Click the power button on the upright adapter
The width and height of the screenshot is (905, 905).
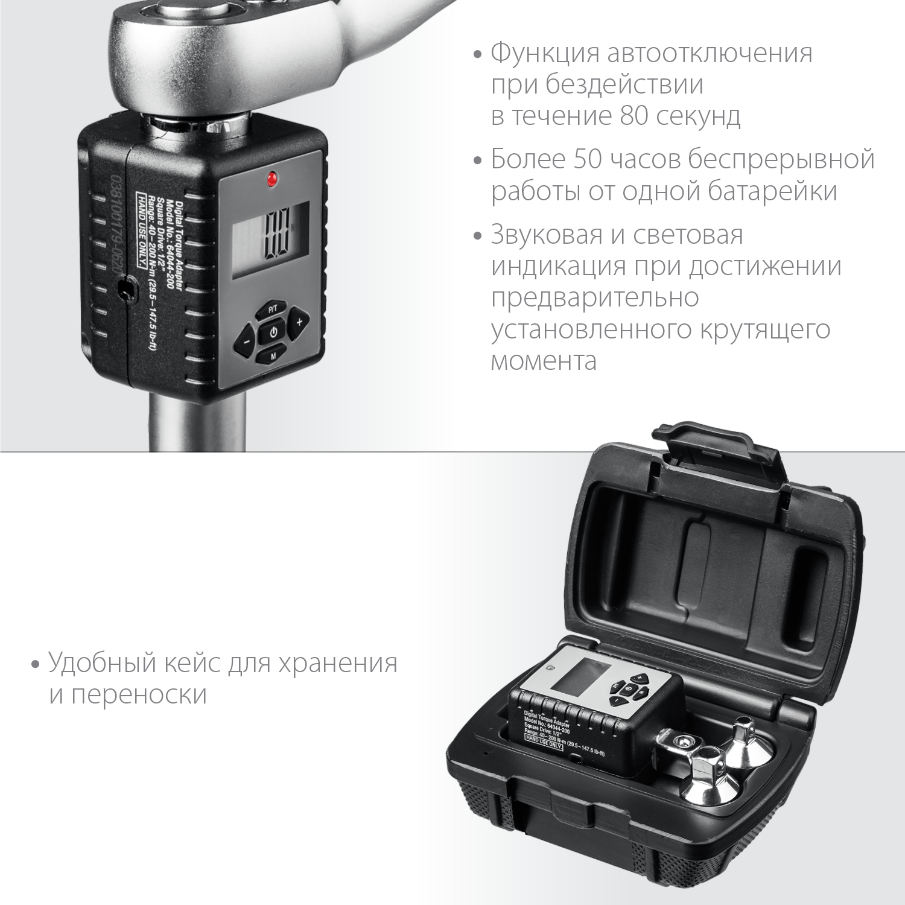coord(273,332)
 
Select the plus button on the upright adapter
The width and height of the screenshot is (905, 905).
coord(298,322)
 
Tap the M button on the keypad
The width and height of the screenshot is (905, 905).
coord(273,355)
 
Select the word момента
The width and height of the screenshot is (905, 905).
coord(544,361)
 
